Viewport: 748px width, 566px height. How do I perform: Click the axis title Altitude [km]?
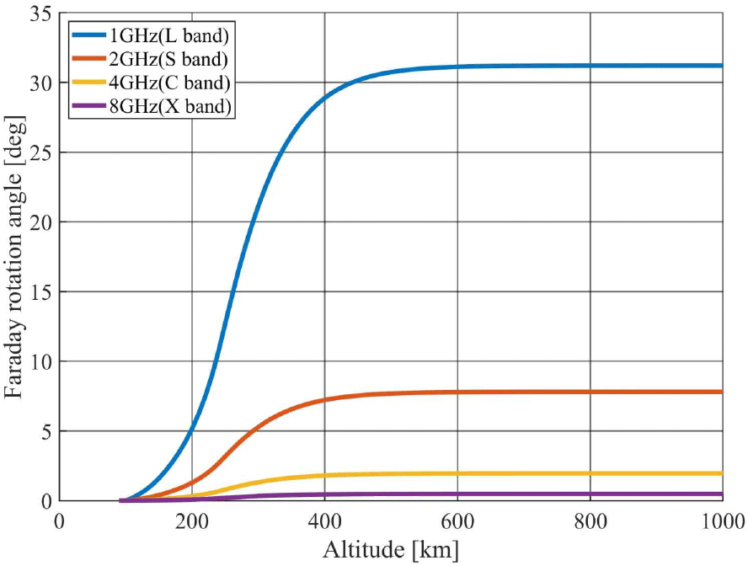391,550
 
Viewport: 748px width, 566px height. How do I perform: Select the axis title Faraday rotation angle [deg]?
14,256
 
